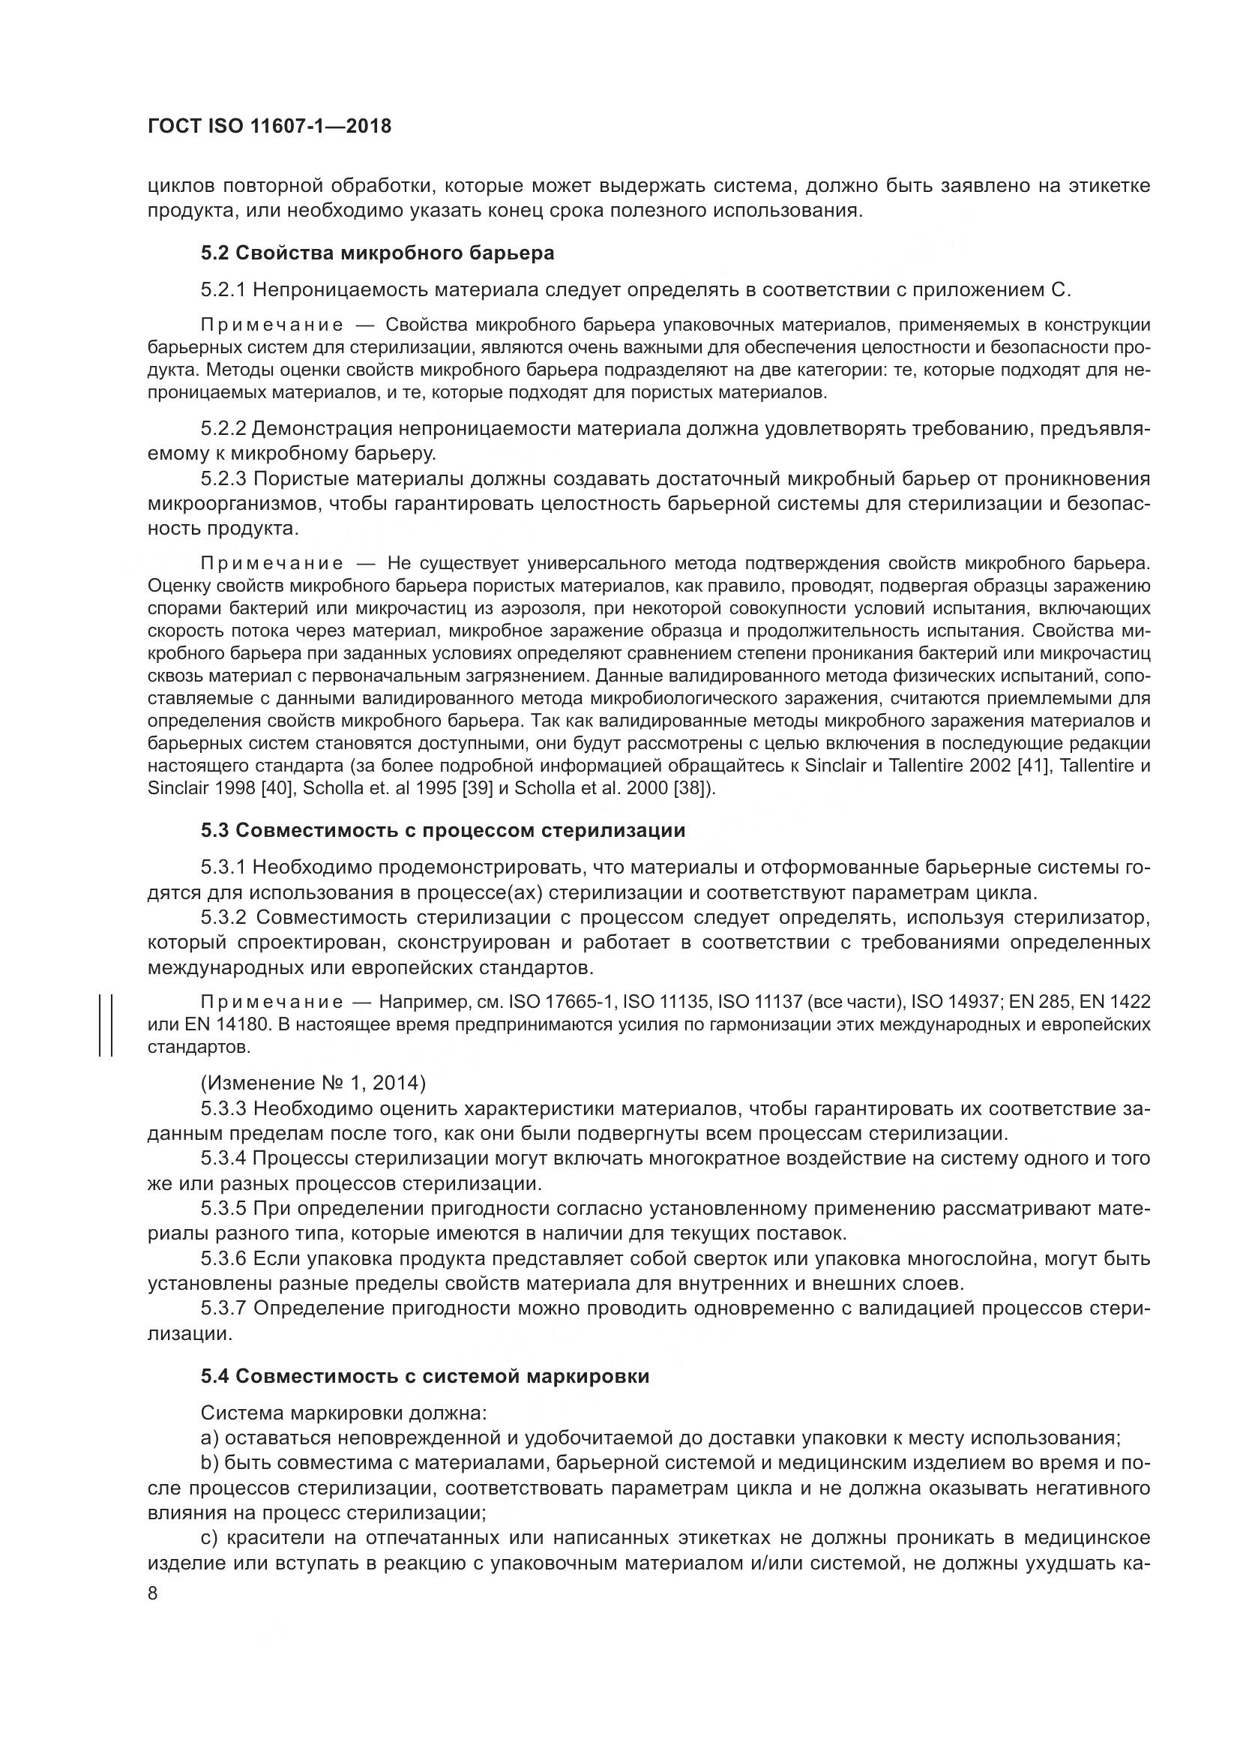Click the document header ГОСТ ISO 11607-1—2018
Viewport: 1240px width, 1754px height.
[269, 126]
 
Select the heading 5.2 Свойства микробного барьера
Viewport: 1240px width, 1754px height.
[377, 253]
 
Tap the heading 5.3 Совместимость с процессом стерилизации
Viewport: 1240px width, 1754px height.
[443, 830]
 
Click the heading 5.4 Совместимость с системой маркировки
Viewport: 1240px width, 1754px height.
[425, 1376]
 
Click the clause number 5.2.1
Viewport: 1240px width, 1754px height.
[223, 290]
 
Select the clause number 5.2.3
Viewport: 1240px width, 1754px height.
[223, 479]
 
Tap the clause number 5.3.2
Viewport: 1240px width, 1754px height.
[223, 917]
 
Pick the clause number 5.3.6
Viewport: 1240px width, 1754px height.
[223, 1258]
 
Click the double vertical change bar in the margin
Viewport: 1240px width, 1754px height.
[106, 1024]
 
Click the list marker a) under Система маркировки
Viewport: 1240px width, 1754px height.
[209, 1438]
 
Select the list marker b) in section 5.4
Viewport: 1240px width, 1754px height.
[209, 1464]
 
